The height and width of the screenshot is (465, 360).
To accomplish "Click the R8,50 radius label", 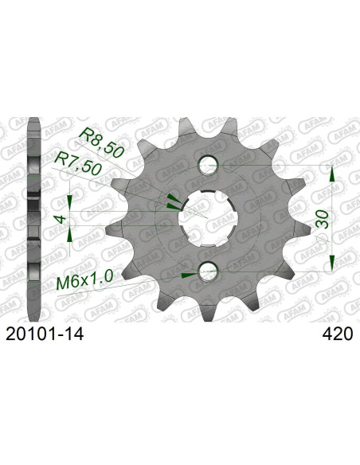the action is [x=100, y=142].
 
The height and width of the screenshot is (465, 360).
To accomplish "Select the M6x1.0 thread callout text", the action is [x=84, y=280].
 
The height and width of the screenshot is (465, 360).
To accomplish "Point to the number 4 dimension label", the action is [x=61, y=219].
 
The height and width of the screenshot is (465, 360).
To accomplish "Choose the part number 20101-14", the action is [x=45, y=334].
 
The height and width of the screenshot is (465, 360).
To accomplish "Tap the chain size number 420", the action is [x=338, y=334].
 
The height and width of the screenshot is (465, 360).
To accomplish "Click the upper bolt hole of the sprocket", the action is [x=209, y=165].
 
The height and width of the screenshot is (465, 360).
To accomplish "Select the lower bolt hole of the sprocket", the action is [x=209, y=272].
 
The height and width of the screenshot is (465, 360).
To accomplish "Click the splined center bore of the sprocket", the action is [x=208, y=218].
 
